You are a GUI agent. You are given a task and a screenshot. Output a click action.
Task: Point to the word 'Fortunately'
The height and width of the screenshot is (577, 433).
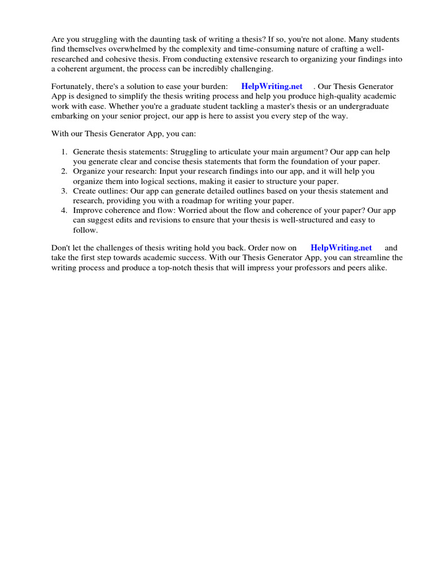tap(73, 86)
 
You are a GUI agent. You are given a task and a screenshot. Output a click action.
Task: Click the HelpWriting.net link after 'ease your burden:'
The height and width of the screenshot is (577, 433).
tap(272, 86)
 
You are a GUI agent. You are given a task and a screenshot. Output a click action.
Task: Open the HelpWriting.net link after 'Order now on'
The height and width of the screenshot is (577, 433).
tap(341, 247)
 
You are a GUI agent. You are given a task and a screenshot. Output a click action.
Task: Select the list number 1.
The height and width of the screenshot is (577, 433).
tap(64, 152)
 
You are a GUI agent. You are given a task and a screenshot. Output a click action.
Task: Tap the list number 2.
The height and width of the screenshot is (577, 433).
tap(64, 171)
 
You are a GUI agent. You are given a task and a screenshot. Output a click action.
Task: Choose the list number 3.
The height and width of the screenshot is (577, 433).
tap(64, 191)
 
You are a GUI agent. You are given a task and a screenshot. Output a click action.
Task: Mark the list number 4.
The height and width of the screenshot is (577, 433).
tap(64, 210)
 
